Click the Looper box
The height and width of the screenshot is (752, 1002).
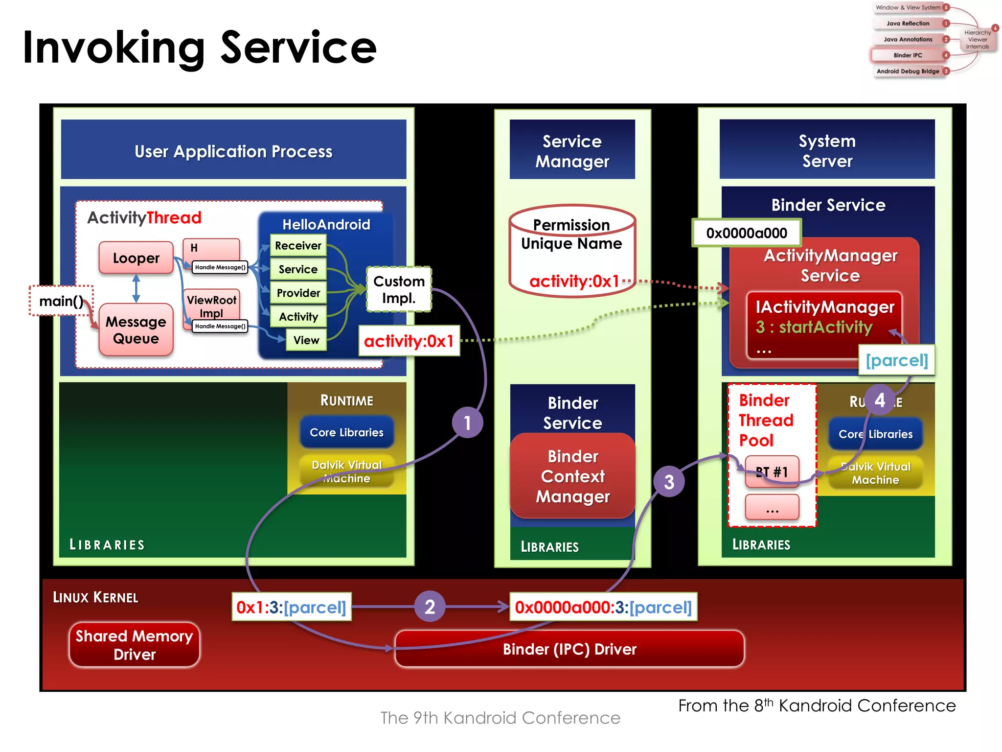click(x=136, y=258)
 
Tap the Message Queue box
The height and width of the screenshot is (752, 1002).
click(x=136, y=329)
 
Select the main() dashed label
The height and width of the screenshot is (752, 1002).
click(x=61, y=301)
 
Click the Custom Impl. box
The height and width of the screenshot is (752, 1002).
click(x=399, y=289)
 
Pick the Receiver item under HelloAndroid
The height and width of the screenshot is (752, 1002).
click(x=298, y=245)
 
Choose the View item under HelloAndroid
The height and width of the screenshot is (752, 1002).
click(x=306, y=340)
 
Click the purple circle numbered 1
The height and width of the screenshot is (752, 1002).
click(x=467, y=423)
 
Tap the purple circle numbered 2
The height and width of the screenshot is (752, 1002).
click(x=430, y=607)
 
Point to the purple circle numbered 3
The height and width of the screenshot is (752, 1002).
click(x=669, y=482)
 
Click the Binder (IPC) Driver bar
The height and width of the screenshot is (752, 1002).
click(x=569, y=649)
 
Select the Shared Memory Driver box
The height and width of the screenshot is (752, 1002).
click(x=135, y=645)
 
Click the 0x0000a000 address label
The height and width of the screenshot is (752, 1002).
click(x=746, y=233)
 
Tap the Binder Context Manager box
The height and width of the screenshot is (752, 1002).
click(x=572, y=476)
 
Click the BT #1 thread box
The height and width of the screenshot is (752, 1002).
click(x=772, y=471)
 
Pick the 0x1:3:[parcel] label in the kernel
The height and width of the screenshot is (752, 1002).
click(x=292, y=607)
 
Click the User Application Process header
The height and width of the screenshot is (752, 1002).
click(x=233, y=151)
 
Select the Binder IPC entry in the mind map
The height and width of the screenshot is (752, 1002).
click(x=908, y=55)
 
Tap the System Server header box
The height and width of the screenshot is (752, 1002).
click(x=827, y=150)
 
